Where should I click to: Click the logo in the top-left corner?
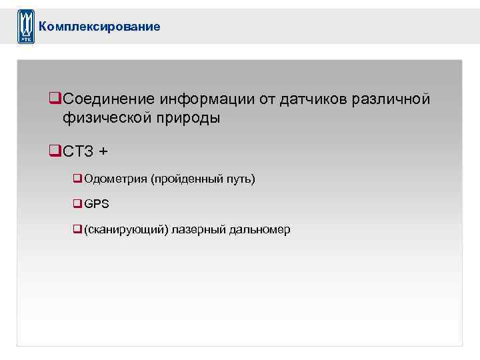tap(25, 27)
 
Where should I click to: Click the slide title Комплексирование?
tap(99, 27)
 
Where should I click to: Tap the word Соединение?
tap(109, 99)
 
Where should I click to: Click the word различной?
tap(397, 99)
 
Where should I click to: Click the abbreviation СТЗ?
tap(78, 151)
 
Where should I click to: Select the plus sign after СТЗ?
tap(102, 151)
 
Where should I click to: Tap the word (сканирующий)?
tap(126, 229)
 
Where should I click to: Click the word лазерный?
tap(199, 229)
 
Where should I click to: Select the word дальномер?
tap(260, 229)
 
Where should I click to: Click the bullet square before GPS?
tap(77, 204)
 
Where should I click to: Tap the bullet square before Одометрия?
tap(77, 179)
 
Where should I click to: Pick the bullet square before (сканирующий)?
tap(77, 229)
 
